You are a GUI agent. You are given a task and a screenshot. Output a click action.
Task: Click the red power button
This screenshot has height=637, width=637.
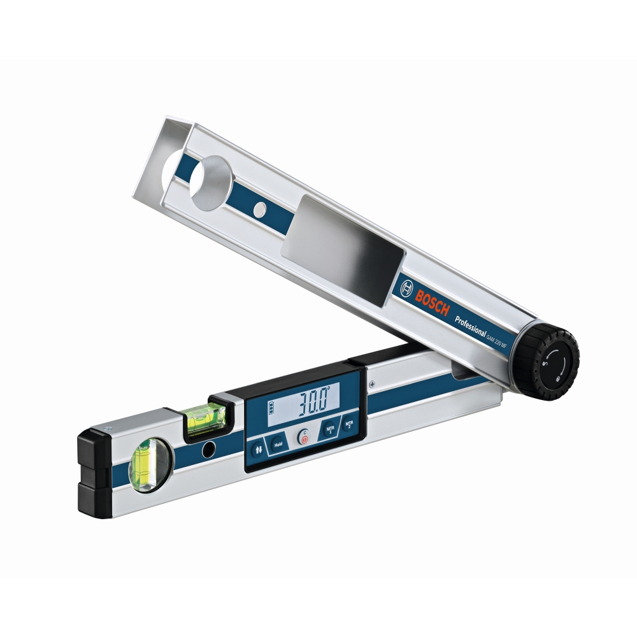304,438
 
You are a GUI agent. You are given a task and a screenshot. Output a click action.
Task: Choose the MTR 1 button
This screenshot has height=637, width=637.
330,430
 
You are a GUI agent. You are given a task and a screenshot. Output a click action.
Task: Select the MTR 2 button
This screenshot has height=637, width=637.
348,424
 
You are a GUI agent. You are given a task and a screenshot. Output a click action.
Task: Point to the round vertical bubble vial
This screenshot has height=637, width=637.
148,463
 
